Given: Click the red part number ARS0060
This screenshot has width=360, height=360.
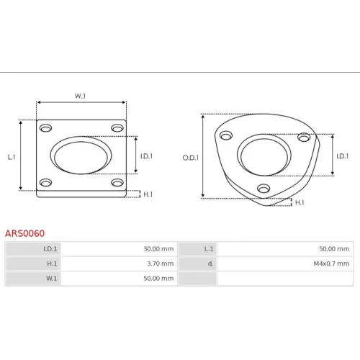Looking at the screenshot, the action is [x=24, y=233].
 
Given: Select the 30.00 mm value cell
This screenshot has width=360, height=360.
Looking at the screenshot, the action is [x=119, y=249].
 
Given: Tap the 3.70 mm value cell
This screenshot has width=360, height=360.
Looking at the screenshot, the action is [x=119, y=264].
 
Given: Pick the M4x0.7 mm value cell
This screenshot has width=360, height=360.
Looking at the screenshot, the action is [x=285, y=264].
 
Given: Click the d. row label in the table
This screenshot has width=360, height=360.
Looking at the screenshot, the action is [x=197, y=264].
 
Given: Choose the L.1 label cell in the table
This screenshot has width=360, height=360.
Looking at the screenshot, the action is [x=197, y=249].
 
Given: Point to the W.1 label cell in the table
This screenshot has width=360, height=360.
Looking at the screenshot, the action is [x=33, y=279].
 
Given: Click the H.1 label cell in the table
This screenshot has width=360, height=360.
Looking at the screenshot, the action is [x=33, y=264].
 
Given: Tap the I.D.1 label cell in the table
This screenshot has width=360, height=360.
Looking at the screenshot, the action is [x=33, y=249].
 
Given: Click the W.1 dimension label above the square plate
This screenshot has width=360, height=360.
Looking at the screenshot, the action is [x=80, y=96].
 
